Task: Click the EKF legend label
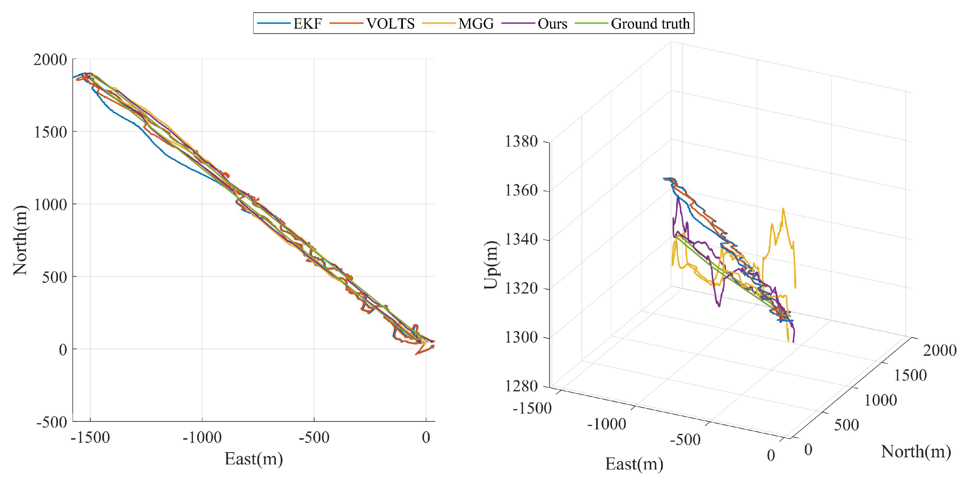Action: tap(307, 24)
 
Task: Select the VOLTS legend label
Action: tap(390, 24)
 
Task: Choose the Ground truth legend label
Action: tap(650, 24)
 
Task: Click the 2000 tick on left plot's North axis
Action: tap(50, 60)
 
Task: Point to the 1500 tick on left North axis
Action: tap(50, 132)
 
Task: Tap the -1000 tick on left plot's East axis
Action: tap(202, 437)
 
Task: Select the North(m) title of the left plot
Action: tap(20, 241)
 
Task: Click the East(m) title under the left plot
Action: tap(254, 459)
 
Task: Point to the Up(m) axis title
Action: tap(491, 265)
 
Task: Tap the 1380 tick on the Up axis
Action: tap(521, 142)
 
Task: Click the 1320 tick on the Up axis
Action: tap(521, 289)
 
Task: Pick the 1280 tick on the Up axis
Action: tap(521, 386)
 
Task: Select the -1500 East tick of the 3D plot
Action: tap(532, 408)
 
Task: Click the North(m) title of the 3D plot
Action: tap(916, 451)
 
